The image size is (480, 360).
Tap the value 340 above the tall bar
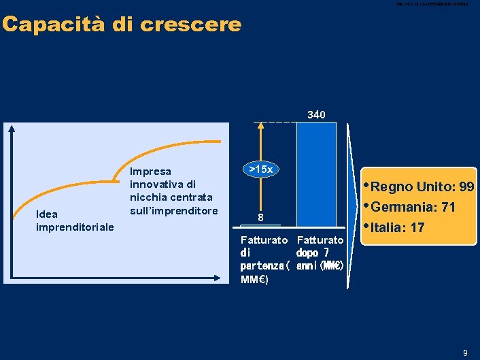316,114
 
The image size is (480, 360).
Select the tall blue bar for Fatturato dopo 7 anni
317,177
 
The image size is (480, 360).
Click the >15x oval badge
261,169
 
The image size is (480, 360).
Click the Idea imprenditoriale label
75,220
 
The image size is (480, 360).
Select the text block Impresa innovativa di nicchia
173,191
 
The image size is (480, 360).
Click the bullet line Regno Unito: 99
422,187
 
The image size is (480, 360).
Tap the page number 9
466,353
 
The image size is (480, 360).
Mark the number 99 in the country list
467,187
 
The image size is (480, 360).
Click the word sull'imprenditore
173,210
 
